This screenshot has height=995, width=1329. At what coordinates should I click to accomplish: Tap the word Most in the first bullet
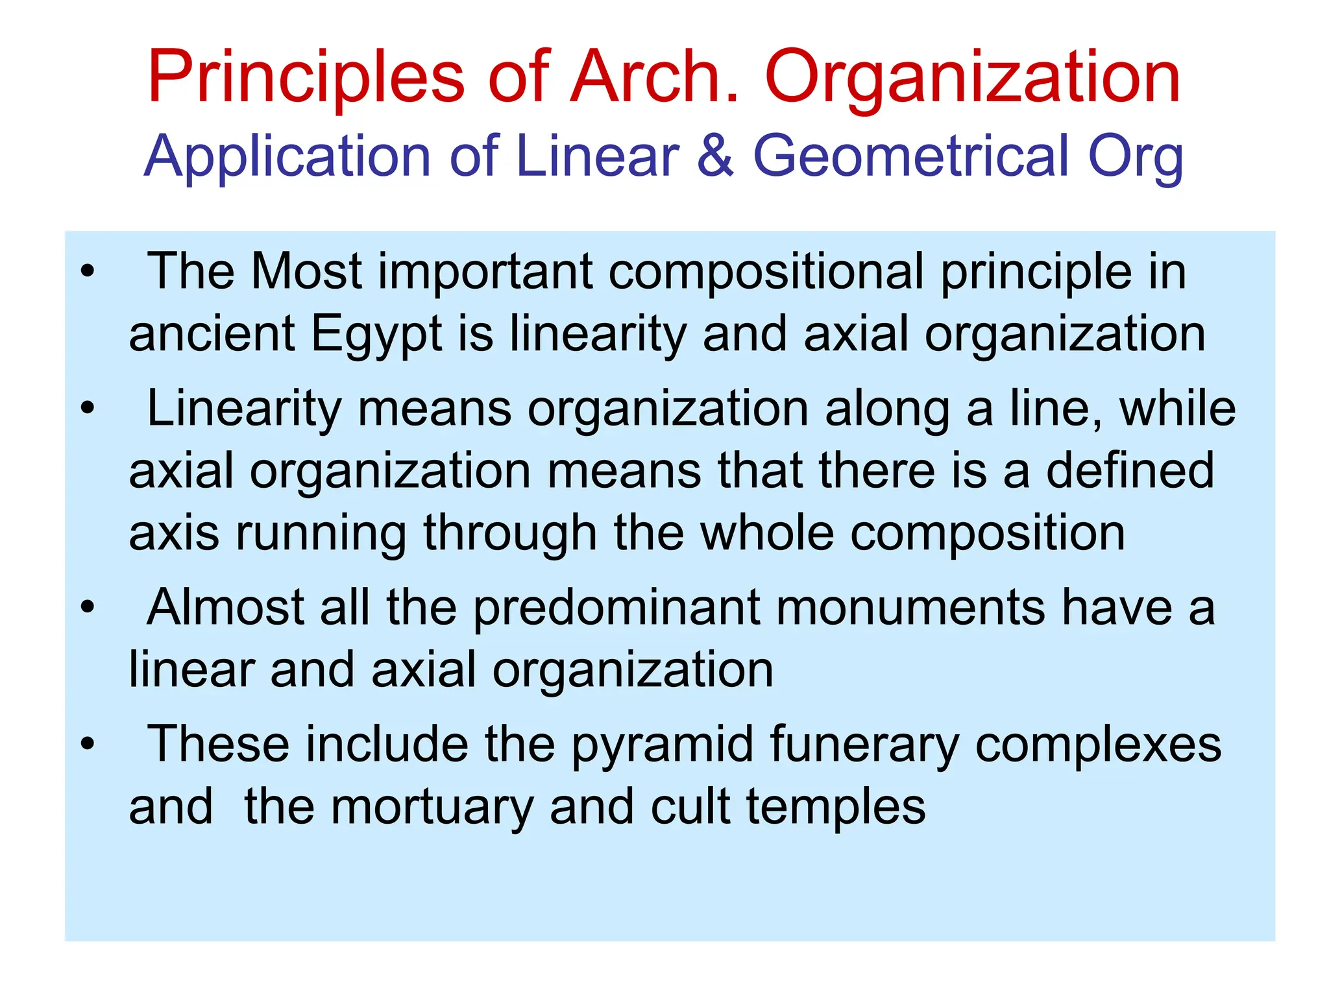tap(306, 271)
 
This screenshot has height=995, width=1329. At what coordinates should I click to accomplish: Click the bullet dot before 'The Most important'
tap(88, 271)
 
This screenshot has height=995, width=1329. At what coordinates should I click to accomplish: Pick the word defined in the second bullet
tap(1130, 470)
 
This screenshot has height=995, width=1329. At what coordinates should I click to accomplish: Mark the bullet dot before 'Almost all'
tap(88, 608)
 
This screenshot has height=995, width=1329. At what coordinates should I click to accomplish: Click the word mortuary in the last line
tap(432, 808)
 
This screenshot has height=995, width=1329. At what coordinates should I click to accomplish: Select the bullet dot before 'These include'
tap(88, 745)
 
